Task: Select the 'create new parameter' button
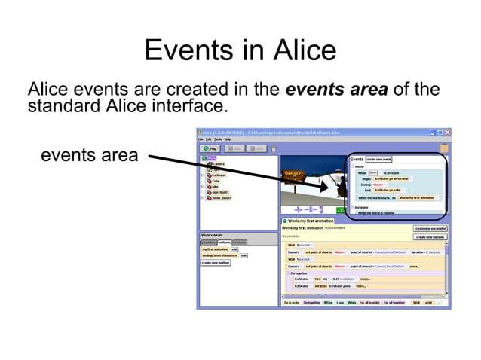430,227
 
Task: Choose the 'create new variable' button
430,236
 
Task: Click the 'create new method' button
216,263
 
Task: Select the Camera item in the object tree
218,163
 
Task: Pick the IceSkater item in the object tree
218,175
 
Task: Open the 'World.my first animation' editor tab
311,221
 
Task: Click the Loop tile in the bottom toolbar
340,303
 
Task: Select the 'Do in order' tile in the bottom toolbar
291,303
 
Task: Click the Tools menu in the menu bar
218,139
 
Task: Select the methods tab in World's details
224,242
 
